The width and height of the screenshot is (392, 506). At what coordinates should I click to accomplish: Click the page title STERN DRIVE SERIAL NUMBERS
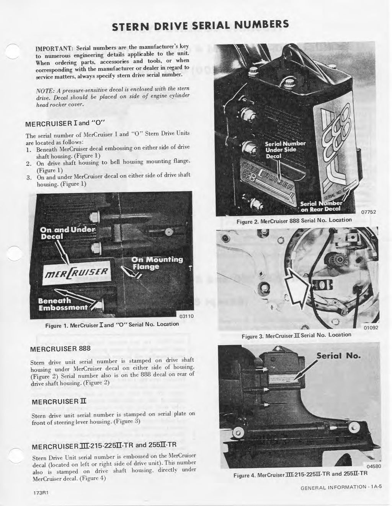pyautogui.click(x=200, y=25)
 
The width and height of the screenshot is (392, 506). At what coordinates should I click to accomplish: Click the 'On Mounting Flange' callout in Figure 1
pyautogui.click(x=157, y=263)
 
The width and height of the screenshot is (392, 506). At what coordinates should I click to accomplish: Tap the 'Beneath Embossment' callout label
pyautogui.click(x=62, y=304)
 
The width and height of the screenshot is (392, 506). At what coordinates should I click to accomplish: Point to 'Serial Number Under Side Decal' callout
pyautogui.click(x=285, y=150)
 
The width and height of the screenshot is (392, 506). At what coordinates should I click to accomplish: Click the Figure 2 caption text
pyautogui.click(x=288, y=220)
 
